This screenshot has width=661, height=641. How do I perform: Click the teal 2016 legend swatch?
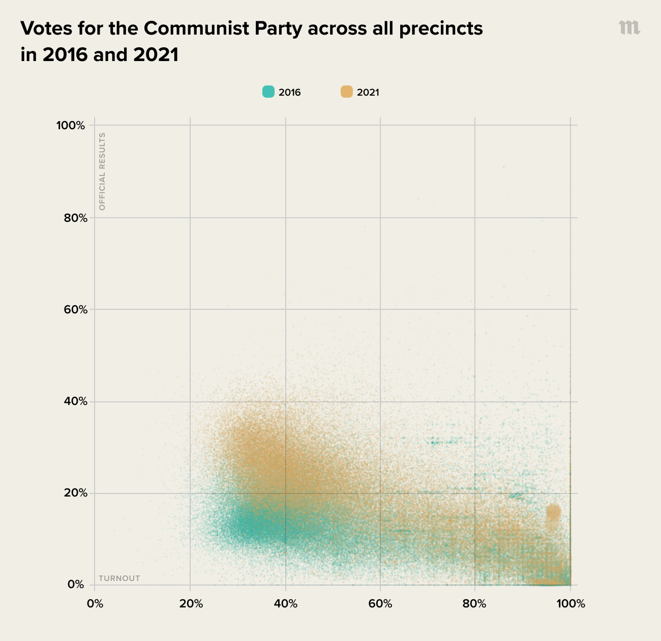click(x=268, y=92)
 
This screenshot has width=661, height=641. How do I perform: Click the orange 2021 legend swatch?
click(x=347, y=92)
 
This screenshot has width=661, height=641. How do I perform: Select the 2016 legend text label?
click(x=290, y=93)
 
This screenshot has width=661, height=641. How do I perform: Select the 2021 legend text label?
click(x=368, y=93)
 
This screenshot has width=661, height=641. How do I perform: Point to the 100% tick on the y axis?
click(x=70, y=126)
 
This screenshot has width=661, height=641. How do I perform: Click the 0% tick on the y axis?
click(x=76, y=585)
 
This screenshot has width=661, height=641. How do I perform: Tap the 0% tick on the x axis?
click(x=95, y=604)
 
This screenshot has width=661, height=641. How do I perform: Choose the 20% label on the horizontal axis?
click(x=190, y=604)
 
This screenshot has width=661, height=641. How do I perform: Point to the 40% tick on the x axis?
click(x=285, y=604)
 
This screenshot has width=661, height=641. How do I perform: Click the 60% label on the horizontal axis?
click(x=380, y=604)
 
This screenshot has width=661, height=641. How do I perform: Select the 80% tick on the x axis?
click(x=475, y=604)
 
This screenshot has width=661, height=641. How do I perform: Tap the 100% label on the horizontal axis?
click(x=570, y=604)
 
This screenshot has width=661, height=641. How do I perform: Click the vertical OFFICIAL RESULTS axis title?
click(x=102, y=171)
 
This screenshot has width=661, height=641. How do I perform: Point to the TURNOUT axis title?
click(x=119, y=578)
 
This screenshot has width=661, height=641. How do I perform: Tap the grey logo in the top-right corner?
click(x=629, y=28)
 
